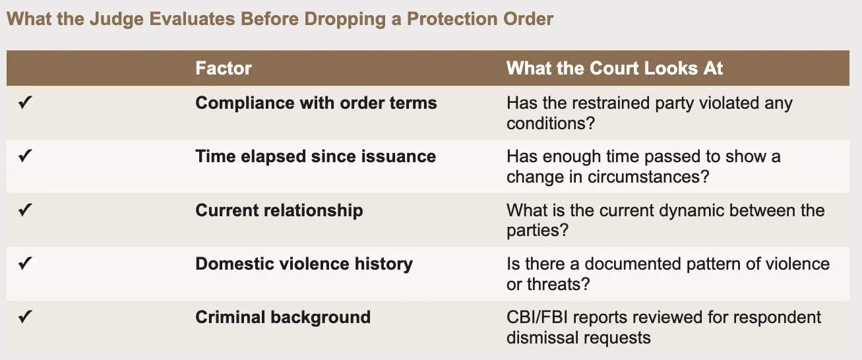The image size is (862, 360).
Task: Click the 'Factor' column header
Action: [x=224, y=68]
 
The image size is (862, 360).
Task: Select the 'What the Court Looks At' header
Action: [x=615, y=68]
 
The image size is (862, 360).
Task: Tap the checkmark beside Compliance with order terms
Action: [x=25, y=103]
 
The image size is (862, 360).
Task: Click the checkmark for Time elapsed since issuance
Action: [x=25, y=156]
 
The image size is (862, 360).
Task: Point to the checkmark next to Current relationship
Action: [x=25, y=210]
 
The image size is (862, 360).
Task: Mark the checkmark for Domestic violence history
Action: [x=25, y=264]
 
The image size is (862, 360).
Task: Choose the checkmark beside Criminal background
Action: [x=25, y=317]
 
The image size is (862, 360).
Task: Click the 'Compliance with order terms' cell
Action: [x=316, y=103]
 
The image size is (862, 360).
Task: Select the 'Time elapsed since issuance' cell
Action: [x=315, y=156]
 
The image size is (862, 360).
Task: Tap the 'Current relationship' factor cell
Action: [x=279, y=210]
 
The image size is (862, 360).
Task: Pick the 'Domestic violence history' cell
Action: [x=304, y=264]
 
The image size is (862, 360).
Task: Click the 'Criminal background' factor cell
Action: [x=283, y=318]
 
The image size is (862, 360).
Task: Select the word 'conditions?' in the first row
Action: [x=551, y=123]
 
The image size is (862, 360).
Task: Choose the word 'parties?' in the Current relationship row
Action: [x=538, y=231]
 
